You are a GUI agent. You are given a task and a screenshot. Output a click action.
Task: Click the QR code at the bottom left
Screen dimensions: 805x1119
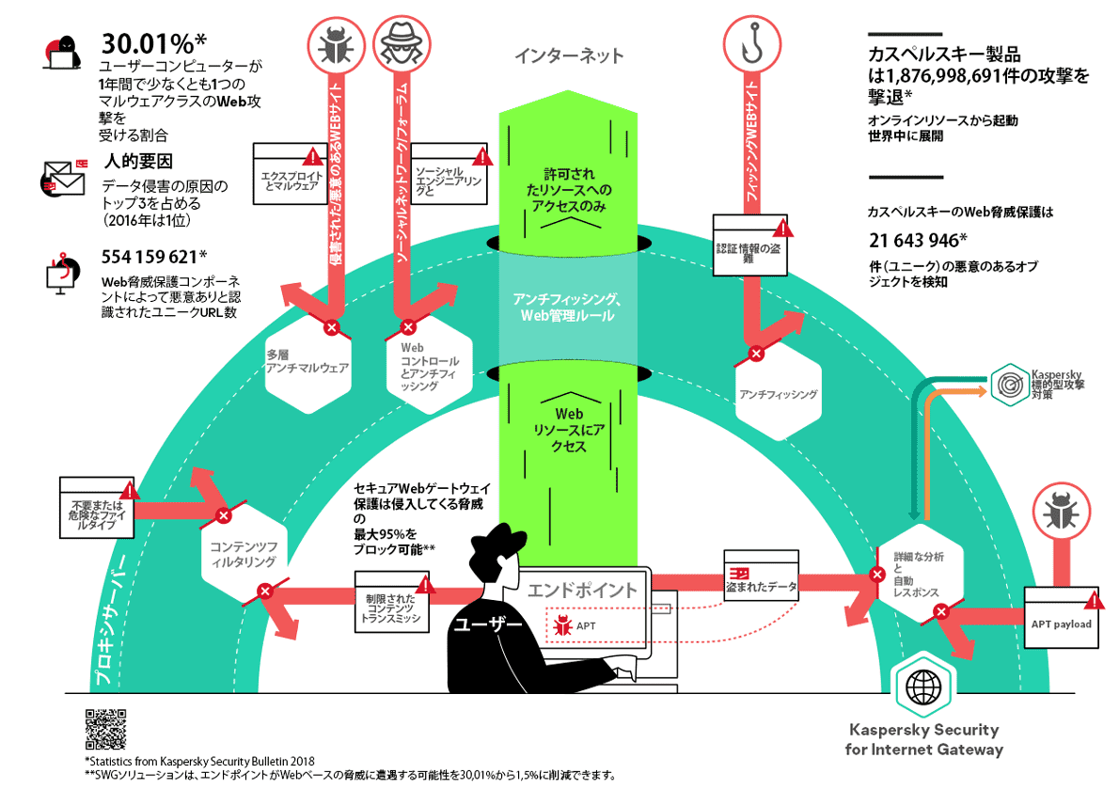[105, 726]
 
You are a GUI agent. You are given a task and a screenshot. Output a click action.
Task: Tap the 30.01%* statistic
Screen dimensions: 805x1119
[153, 44]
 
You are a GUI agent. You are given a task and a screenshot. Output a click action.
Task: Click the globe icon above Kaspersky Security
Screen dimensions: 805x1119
[920, 688]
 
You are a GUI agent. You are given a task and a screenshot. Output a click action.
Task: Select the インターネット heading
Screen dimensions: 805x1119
[569, 56]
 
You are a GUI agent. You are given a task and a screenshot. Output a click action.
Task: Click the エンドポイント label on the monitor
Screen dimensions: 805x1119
[581, 591]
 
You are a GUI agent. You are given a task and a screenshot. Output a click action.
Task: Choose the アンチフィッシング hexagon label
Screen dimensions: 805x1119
[778, 395]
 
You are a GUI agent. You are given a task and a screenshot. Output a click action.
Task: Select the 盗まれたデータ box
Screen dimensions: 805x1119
[761, 576]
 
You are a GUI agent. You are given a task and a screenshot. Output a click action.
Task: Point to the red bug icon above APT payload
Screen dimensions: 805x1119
[1061, 516]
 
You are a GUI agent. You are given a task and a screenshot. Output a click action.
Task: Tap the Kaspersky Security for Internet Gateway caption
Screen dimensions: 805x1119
[923, 739]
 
